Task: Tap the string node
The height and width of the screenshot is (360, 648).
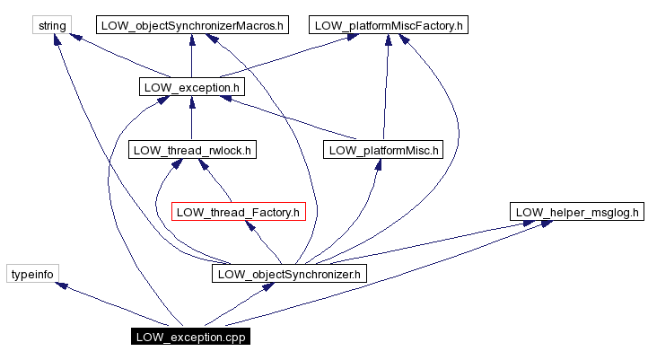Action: point(52,25)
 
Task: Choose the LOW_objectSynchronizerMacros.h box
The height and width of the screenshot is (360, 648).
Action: point(190,25)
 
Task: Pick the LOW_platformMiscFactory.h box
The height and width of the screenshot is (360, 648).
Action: point(389,25)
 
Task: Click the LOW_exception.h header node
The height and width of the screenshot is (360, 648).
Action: point(192,87)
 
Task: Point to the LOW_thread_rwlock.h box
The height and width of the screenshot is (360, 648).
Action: point(192,149)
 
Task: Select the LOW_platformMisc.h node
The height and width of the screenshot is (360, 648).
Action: point(383,149)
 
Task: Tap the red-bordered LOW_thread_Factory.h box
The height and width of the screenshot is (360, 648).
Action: point(239,212)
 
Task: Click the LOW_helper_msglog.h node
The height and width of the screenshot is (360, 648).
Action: point(577,212)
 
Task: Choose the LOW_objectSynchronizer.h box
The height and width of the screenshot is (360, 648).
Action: point(289,274)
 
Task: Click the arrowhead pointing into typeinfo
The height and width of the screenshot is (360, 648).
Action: point(61,285)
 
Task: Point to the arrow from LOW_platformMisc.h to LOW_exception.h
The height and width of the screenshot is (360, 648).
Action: point(287,119)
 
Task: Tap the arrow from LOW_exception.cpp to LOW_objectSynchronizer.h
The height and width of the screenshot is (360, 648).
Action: point(238,306)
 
